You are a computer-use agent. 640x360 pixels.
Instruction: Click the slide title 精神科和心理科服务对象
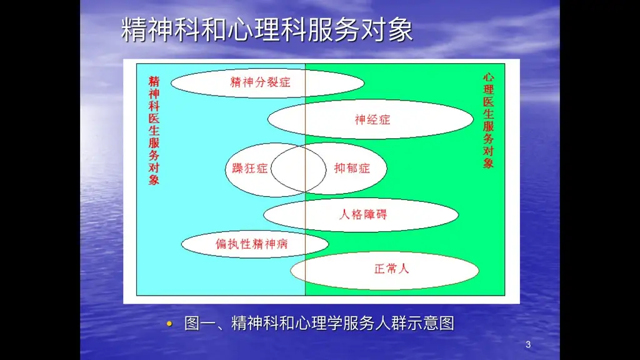(267, 29)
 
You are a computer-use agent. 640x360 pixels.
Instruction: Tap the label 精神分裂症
(261, 82)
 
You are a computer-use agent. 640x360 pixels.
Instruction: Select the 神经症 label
(372, 119)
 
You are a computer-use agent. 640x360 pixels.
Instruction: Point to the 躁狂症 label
(250, 168)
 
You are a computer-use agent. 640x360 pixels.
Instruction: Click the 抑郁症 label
(352, 168)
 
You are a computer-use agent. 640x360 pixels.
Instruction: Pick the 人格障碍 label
(363, 214)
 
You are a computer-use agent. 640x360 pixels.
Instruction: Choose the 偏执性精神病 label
(252, 244)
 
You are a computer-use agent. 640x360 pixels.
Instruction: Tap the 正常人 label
(392, 269)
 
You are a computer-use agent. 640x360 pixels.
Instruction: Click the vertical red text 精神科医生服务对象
(154, 131)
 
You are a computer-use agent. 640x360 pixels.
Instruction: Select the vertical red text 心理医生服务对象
(489, 121)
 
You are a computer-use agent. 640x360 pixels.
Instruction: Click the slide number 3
(528, 344)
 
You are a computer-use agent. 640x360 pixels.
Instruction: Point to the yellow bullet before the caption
(169, 324)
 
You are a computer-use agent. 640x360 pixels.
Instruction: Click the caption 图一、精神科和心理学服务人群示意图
(319, 323)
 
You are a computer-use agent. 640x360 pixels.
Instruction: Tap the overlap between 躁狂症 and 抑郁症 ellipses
(299, 169)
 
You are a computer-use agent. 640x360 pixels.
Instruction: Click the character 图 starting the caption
(192, 323)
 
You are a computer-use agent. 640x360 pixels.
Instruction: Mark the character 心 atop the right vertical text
(489, 77)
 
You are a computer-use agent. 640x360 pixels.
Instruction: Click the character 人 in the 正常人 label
(404, 269)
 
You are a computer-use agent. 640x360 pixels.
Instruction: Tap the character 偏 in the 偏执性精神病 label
(222, 244)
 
